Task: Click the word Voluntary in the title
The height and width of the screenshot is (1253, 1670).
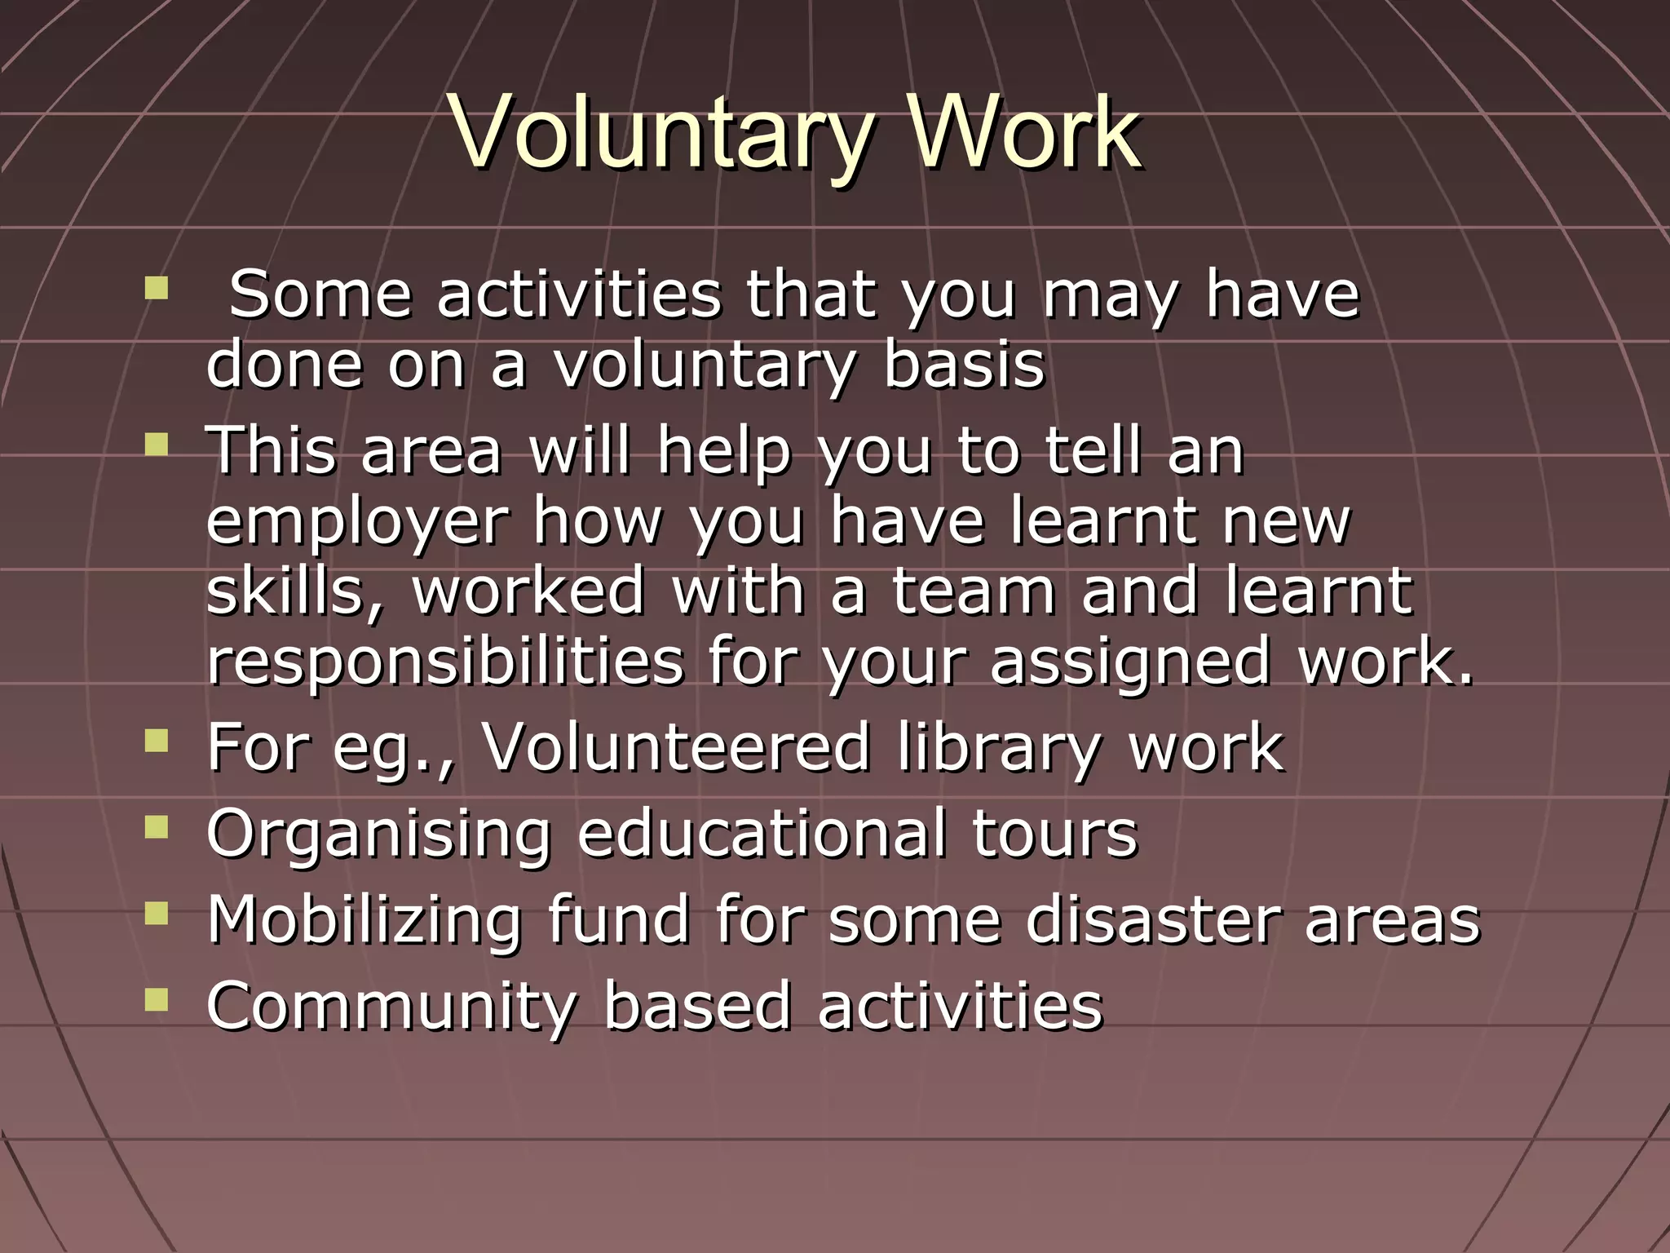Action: [x=660, y=132]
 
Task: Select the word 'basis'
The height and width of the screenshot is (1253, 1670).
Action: [x=964, y=365]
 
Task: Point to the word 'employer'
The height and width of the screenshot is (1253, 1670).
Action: [x=357, y=522]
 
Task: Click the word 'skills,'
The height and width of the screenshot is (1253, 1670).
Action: [x=294, y=591]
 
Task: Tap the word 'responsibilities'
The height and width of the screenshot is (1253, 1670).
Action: [x=444, y=661]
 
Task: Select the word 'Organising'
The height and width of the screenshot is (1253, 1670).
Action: [x=379, y=834]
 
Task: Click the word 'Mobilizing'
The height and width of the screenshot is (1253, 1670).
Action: [x=364, y=919]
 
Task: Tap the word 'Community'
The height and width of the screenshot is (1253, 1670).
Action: [x=391, y=1006]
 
